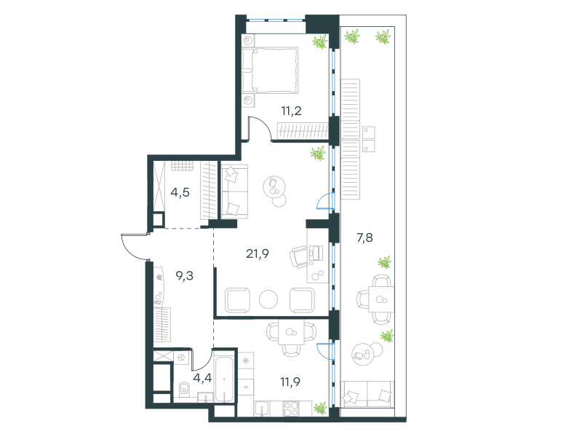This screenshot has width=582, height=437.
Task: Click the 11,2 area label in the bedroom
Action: click(x=292, y=111)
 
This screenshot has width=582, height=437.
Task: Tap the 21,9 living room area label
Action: click(x=258, y=253)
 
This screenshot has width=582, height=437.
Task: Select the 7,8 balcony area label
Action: click(x=364, y=237)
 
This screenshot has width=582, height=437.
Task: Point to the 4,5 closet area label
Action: click(x=180, y=192)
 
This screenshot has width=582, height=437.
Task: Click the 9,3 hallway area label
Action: click(x=185, y=276)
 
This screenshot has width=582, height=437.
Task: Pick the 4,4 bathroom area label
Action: click(x=202, y=378)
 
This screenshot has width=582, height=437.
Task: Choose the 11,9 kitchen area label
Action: click(x=290, y=382)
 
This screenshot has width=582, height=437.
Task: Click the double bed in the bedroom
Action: click(x=270, y=70)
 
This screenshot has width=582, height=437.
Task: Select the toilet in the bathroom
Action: click(x=184, y=389)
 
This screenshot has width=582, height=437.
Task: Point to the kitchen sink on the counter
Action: click(x=262, y=409)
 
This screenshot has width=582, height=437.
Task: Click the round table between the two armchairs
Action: click(x=268, y=299)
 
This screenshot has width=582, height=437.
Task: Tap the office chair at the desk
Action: click(x=298, y=257)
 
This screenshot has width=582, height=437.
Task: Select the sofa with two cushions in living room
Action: click(x=234, y=192)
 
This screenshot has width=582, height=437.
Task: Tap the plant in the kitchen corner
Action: click(x=320, y=408)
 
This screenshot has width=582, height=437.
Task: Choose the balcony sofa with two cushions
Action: click(x=367, y=394)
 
